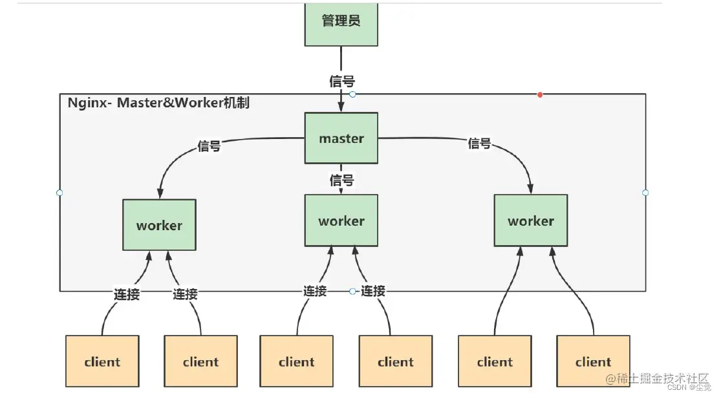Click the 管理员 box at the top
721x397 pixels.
[341, 22]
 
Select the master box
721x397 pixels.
[341, 138]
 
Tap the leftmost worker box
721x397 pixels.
[159, 225]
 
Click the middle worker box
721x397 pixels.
[341, 221]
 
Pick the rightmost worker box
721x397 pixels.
[531, 221]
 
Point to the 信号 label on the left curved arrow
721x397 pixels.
[209, 147]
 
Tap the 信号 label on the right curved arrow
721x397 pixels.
[479, 144]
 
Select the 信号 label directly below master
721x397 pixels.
[341, 180]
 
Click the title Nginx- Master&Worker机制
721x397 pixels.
[158, 103]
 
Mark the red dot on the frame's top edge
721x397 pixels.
[540, 95]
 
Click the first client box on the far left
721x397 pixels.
[102, 361]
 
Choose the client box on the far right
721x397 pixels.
[593, 361]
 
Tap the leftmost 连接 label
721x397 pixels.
[127, 294]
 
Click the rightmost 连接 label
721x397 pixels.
[373, 292]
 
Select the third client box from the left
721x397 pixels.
[297, 361]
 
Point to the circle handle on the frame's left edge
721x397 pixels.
[59, 193]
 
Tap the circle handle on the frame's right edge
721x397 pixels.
[645, 193]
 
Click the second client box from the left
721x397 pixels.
[200, 361]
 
